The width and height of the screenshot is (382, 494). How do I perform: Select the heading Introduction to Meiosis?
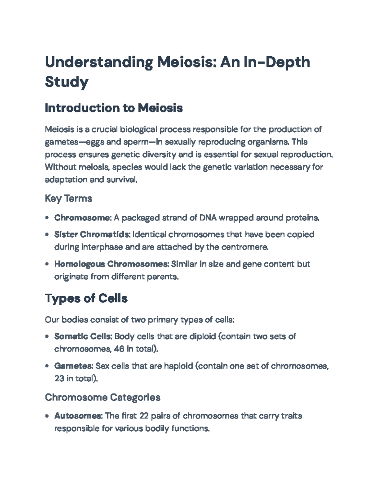[x=114, y=108]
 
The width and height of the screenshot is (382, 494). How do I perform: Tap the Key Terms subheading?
[x=68, y=198]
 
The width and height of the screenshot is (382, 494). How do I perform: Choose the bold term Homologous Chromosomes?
[x=111, y=264]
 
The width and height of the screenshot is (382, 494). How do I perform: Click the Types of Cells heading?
[x=86, y=298]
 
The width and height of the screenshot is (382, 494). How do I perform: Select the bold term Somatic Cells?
[x=83, y=336]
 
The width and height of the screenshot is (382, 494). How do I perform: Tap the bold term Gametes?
[x=74, y=366]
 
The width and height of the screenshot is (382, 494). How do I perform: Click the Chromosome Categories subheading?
[x=103, y=397]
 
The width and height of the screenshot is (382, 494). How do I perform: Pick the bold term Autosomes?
[x=78, y=416]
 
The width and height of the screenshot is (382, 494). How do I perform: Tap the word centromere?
[x=248, y=247]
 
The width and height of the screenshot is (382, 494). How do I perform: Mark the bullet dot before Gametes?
[x=47, y=366]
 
